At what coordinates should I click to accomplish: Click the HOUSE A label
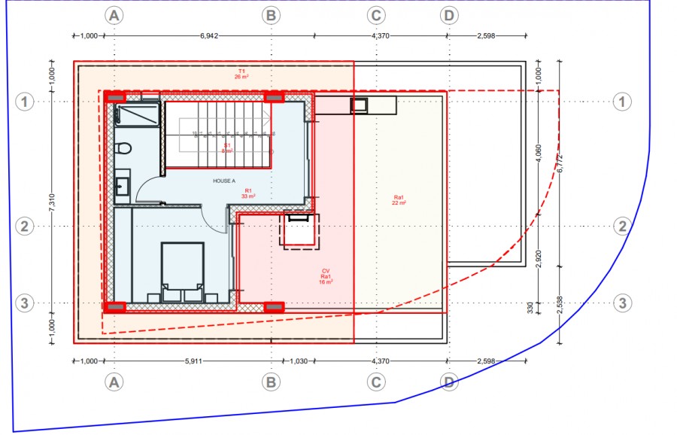click(x=224, y=181)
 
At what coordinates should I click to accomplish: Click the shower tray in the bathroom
click(x=138, y=114)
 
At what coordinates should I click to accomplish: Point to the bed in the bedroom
click(x=183, y=267)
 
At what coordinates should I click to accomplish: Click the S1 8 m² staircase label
click(x=226, y=148)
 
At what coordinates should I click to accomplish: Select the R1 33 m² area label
click(x=248, y=193)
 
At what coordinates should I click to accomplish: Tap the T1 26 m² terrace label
click(x=241, y=74)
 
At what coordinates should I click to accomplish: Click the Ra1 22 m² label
click(x=399, y=200)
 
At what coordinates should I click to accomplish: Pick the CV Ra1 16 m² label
click(x=326, y=276)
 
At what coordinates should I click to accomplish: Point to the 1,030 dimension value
click(x=299, y=361)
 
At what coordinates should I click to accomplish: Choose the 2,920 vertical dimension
click(x=538, y=257)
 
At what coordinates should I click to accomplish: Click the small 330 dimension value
click(x=531, y=308)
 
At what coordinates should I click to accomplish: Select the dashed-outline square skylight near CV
click(x=299, y=230)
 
